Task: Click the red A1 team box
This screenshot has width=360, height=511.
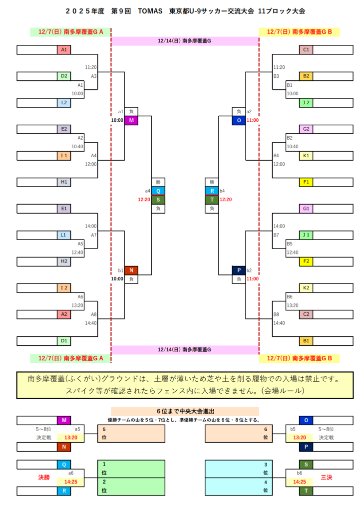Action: [x=64, y=50]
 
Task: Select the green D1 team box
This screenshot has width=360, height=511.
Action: [x=64, y=341]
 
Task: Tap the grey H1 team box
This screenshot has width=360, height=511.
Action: [x=64, y=182]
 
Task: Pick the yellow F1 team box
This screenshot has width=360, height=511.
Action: [x=306, y=182]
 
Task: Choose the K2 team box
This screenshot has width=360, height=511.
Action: [x=306, y=288]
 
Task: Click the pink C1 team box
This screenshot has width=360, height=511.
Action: [x=306, y=50]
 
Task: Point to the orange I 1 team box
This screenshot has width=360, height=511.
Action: [x=64, y=156]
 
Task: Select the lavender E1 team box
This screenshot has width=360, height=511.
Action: [x=64, y=208]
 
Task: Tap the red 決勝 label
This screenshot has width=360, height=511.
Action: [x=44, y=478]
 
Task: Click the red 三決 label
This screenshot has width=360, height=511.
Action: [x=327, y=478]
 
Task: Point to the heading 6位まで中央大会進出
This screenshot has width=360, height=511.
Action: [x=185, y=411]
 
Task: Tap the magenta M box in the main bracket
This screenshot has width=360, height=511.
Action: [x=131, y=121]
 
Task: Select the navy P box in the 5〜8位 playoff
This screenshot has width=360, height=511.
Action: [x=306, y=447]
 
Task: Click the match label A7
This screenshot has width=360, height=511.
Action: [x=94, y=235]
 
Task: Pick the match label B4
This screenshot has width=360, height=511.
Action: [x=276, y=156]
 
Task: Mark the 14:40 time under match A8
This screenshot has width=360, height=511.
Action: [x=90, y=323]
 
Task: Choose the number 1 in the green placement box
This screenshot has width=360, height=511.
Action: [x=104, y=464]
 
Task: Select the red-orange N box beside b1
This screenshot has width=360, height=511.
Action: [x=131, y=270]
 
